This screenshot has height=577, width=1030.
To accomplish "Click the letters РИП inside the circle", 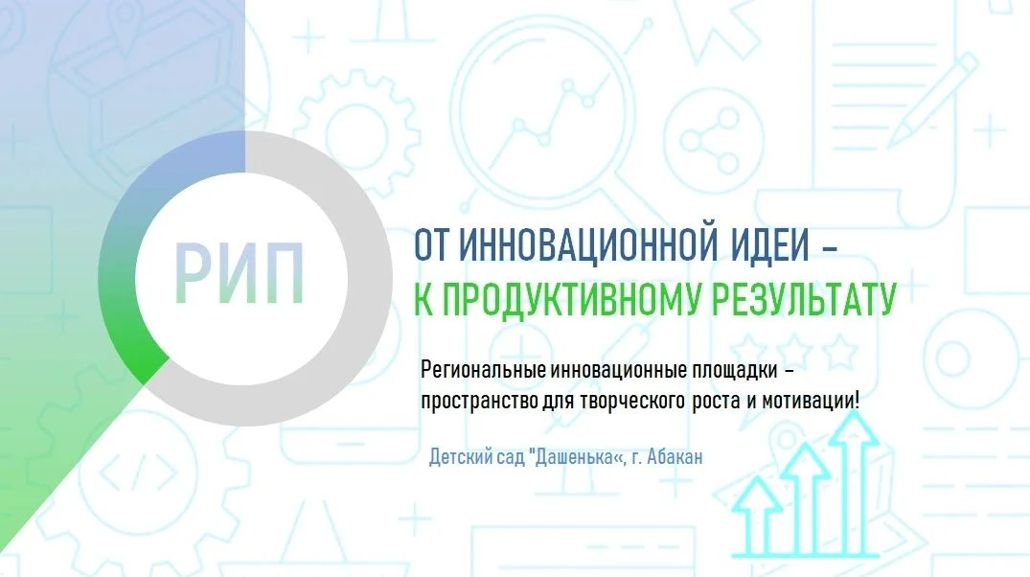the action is (240, 273).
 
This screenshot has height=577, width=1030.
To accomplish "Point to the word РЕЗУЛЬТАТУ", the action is (805, 300).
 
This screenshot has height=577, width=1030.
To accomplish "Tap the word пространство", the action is (479, 401).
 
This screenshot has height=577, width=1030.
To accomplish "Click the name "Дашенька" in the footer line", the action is (575, 456).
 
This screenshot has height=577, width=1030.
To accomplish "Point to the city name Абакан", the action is (675, 457).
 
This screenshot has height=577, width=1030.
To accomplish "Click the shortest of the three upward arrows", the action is (757, 516).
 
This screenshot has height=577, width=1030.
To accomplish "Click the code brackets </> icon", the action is (139, 472).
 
